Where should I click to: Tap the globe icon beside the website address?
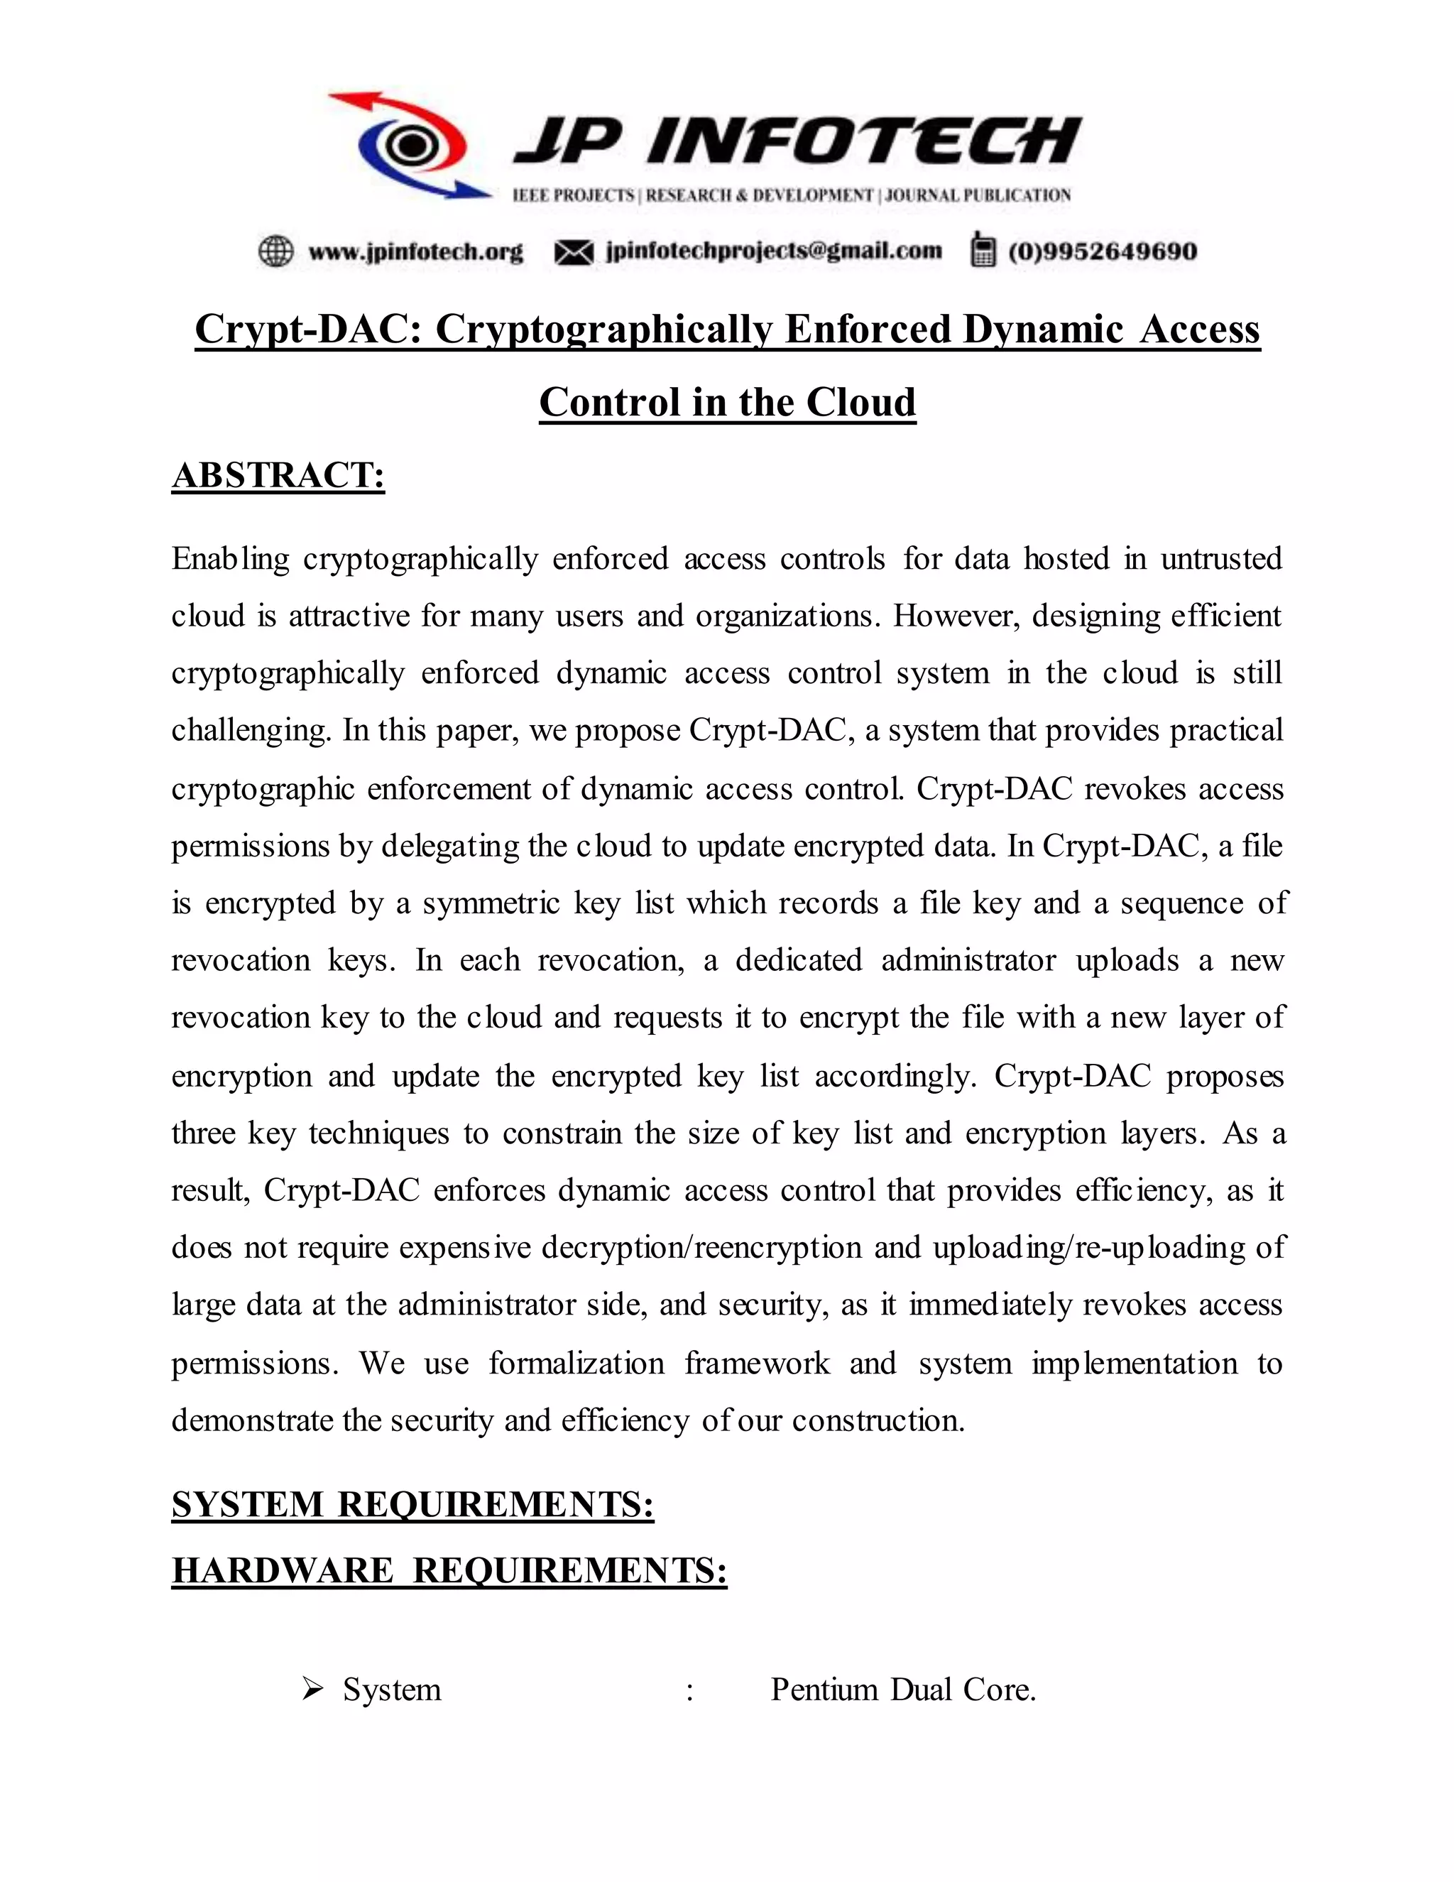click(275, 251)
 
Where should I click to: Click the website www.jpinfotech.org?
click(415, 251)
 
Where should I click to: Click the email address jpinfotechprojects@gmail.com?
click(774, 251)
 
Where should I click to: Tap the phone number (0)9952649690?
click(1103, 251)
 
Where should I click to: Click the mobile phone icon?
click(982, 250)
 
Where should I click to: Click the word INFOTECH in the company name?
click(864, 141)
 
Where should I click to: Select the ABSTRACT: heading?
click(278, 476)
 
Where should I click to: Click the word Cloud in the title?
click(860, 403)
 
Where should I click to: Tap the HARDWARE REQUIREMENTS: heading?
click(449, 1570)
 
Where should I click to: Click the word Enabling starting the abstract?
click(230, 559)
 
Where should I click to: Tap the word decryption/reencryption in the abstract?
click(701, 1248)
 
